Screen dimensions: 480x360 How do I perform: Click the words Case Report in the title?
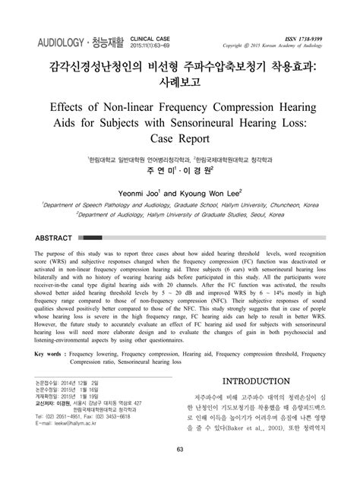coord(180,141)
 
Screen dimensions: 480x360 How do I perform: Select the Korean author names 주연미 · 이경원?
coord(180,172)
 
